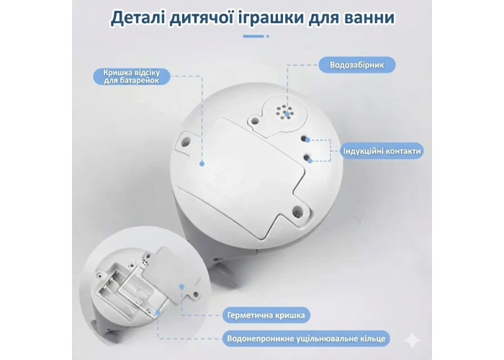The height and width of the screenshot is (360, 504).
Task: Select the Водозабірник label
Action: [x=357, y=65]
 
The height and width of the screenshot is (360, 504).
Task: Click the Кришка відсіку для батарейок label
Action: [x=132, y=76]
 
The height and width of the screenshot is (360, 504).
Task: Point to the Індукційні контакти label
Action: [x=382, y=151]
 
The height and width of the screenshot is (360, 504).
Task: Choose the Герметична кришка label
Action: [x=266, y=315]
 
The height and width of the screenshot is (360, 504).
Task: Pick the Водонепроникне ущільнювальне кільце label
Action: [x=306, y=339]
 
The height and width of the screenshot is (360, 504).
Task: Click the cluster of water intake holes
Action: [x=284, y=112]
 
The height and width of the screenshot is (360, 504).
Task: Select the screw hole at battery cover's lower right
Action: [x=297, y=211]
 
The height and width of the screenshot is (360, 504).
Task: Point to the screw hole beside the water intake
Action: [x=255, y=120]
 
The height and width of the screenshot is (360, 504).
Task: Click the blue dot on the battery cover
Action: [x=202, y=163]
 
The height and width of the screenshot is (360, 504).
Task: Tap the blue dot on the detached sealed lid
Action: [x=182, y=287]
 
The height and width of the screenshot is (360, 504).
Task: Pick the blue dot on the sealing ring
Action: [x=158, y=312]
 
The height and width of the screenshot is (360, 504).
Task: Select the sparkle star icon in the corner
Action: [x=412, y=341]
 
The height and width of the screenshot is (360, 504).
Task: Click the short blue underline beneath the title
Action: [x=256, y=36]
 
